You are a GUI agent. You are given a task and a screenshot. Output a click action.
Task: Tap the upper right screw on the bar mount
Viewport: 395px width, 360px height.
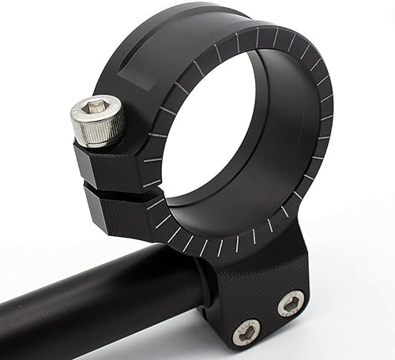(x=290, y=302)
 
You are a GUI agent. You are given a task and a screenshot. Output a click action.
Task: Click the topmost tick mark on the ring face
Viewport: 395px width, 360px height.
(x=257, y=34)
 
